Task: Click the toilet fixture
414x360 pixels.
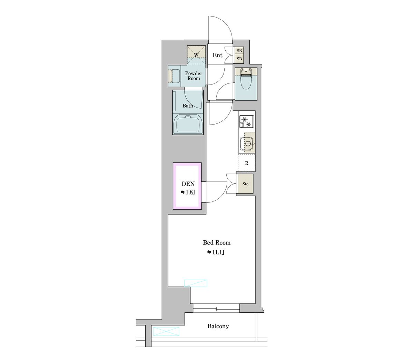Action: coord(246,79)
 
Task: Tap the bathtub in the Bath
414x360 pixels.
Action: coord(188,124)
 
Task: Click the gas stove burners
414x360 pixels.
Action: coord(247,122)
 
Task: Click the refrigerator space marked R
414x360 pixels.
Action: coord(246,163)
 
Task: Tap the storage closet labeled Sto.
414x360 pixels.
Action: coord(246,184)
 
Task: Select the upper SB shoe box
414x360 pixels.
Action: coord(239,51)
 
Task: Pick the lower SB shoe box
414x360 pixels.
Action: coord(239,59)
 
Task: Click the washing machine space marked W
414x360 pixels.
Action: coord(196,55)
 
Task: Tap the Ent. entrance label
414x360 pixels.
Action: coord(218,55)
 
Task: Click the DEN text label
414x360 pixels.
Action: coord(188,184)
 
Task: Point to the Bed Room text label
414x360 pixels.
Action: coord(217,242)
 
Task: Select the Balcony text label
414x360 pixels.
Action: coord(218,326)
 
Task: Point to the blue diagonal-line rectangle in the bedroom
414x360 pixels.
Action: coord(196,283)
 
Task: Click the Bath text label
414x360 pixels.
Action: coord(188,106)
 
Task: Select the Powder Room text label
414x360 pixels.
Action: coord(194,76)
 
